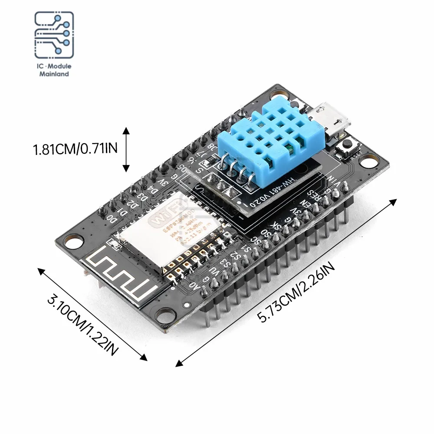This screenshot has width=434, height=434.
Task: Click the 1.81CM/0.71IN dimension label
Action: tap(76, 150)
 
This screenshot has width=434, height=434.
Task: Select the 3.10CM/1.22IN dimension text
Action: tap(82, 325)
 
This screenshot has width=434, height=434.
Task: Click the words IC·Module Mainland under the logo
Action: tap(54, 70)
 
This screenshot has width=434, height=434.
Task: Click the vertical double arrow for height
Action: tap(126, 150)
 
